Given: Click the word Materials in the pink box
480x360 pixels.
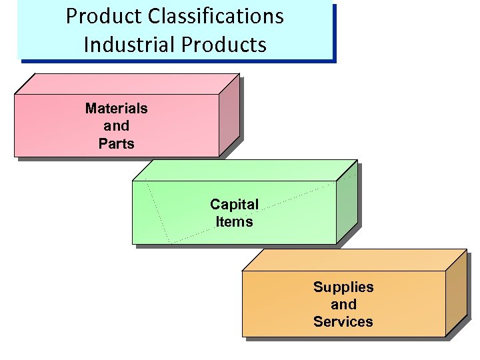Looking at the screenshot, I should coord(117,108).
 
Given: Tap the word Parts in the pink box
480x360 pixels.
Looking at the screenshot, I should coord(117,143).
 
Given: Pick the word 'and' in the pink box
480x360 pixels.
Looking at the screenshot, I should coord(117,125).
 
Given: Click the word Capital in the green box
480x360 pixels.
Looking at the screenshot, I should coord(234,204).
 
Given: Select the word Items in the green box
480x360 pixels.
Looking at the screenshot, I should coord(234,221).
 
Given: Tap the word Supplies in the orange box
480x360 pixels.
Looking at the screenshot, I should coord(343,287).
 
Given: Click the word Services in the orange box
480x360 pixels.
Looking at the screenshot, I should coord(343,322).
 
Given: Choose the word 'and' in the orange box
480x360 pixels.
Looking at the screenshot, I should coord(343,305).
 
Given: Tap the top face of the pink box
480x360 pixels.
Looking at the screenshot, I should coord(127,83).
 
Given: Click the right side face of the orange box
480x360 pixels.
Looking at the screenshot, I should coord(455,293).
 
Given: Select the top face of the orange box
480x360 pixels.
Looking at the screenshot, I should coord(353,260).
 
